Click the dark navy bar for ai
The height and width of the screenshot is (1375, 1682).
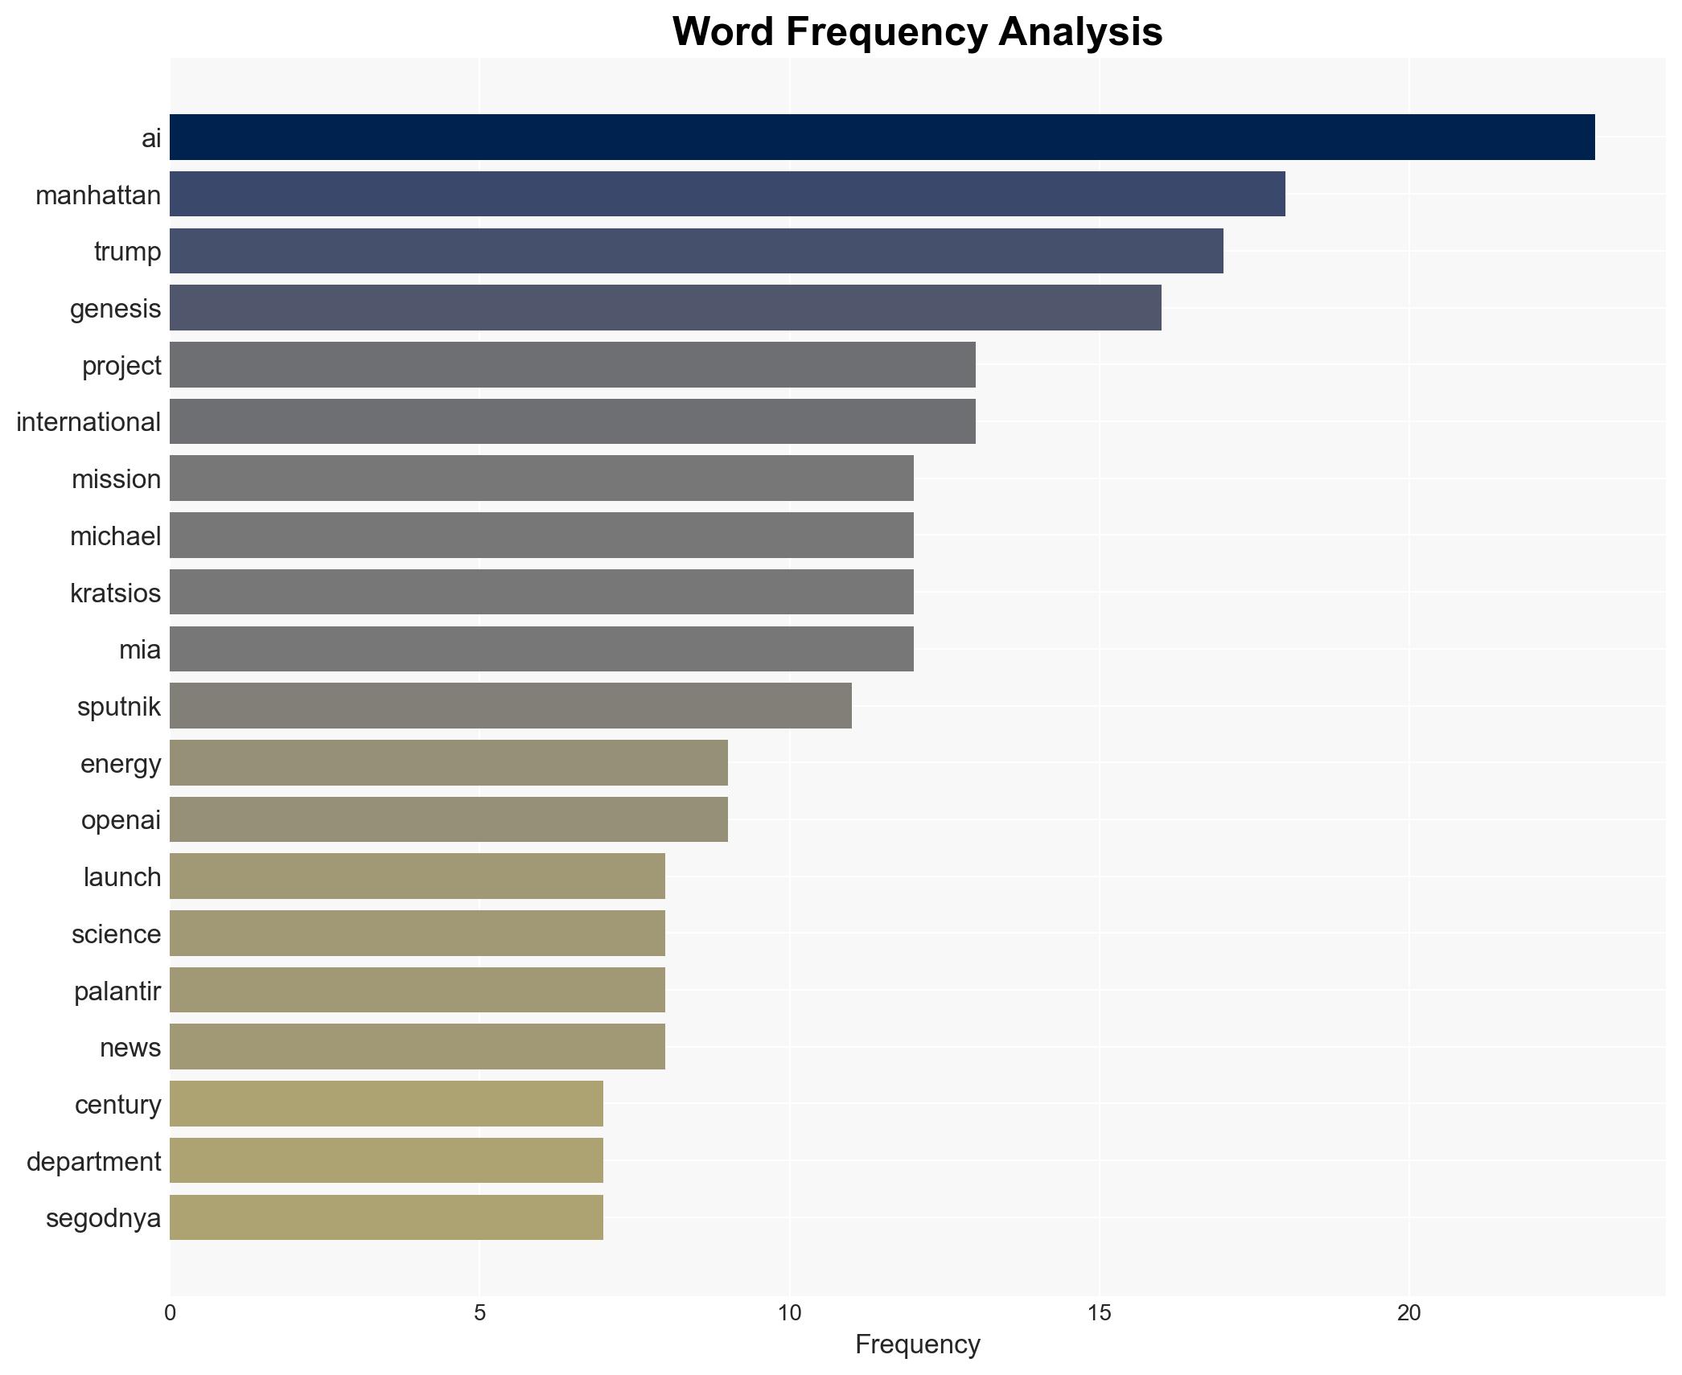click(882, 137)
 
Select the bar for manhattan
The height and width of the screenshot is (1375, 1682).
click(727, 195)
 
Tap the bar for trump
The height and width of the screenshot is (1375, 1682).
click(696, 251)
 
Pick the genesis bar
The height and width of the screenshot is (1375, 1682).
click(665, 308)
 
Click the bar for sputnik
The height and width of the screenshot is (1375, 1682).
click(510, 706)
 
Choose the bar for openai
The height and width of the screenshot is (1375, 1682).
click(448, 819)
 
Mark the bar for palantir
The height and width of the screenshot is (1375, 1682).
click(417, 990)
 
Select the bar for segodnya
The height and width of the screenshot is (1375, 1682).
click(386, 1217)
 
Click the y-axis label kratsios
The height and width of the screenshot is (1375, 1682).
click(115, 593)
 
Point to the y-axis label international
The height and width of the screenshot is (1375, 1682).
click(88, 421)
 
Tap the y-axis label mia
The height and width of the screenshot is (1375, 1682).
click(140, 649)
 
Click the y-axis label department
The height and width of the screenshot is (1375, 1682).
click(93, 1161)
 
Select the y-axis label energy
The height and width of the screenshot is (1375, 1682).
click(121, 763)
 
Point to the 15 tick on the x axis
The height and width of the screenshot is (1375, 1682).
click(1099, 1313)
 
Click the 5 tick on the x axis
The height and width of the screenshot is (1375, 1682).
click(479, 1313)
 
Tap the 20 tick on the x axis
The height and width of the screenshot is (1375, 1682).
click(1409, 1313)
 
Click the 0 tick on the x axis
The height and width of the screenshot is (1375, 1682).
click(170, 1313)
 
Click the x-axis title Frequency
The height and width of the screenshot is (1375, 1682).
click(917, 1344)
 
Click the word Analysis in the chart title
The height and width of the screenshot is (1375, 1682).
click(1080, 32)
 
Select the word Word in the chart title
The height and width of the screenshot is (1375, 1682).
click(724, 32)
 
